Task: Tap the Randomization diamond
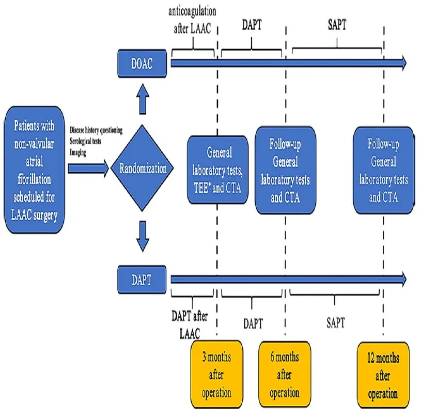(142, 168)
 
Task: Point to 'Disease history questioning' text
(96, 131)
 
